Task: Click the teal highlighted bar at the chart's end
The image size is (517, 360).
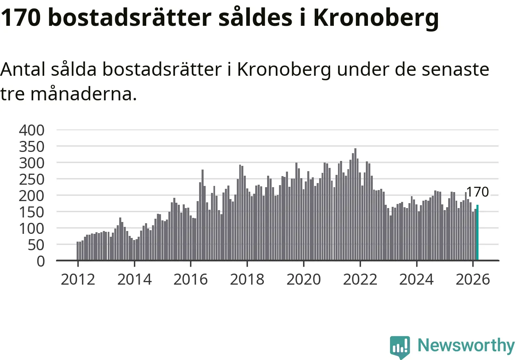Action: tap(477, 232)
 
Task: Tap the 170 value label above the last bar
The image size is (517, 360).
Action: tap(478, 192)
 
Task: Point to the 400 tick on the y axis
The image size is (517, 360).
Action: tap(32, 130)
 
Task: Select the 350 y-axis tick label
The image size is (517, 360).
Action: tap(32, 147)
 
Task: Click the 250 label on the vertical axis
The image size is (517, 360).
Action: tap(32, 179)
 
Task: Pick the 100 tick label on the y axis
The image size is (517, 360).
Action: tap(32, 228)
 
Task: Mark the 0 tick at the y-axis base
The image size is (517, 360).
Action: tap(40, 261)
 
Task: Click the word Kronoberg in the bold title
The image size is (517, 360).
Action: tap(376, 18)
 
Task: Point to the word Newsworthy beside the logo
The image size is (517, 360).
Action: tap(466, 346)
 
